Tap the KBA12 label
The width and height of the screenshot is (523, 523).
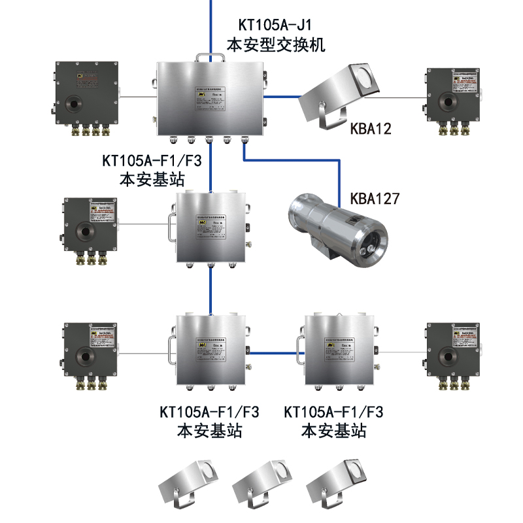click(370, 129)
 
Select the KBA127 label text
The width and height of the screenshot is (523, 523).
click(375, 198)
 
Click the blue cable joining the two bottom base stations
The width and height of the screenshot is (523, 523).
click(275, 354)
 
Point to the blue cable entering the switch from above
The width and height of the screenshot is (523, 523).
click(211, 26)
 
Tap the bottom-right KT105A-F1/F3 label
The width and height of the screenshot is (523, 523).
click(333, 413)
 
